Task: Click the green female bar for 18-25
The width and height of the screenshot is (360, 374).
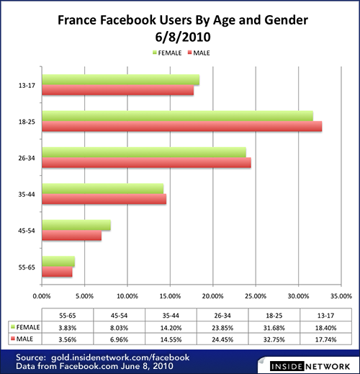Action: (177, 116)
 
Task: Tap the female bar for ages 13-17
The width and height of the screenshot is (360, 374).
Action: (120, 79)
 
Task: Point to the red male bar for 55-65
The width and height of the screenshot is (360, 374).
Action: (57, 272)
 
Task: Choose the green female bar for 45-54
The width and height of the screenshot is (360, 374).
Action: (76, 226)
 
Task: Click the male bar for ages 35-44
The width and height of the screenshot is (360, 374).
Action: (104, 199)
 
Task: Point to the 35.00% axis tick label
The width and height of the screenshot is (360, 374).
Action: (340, 295)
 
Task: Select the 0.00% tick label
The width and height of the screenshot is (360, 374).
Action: (42, 295)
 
